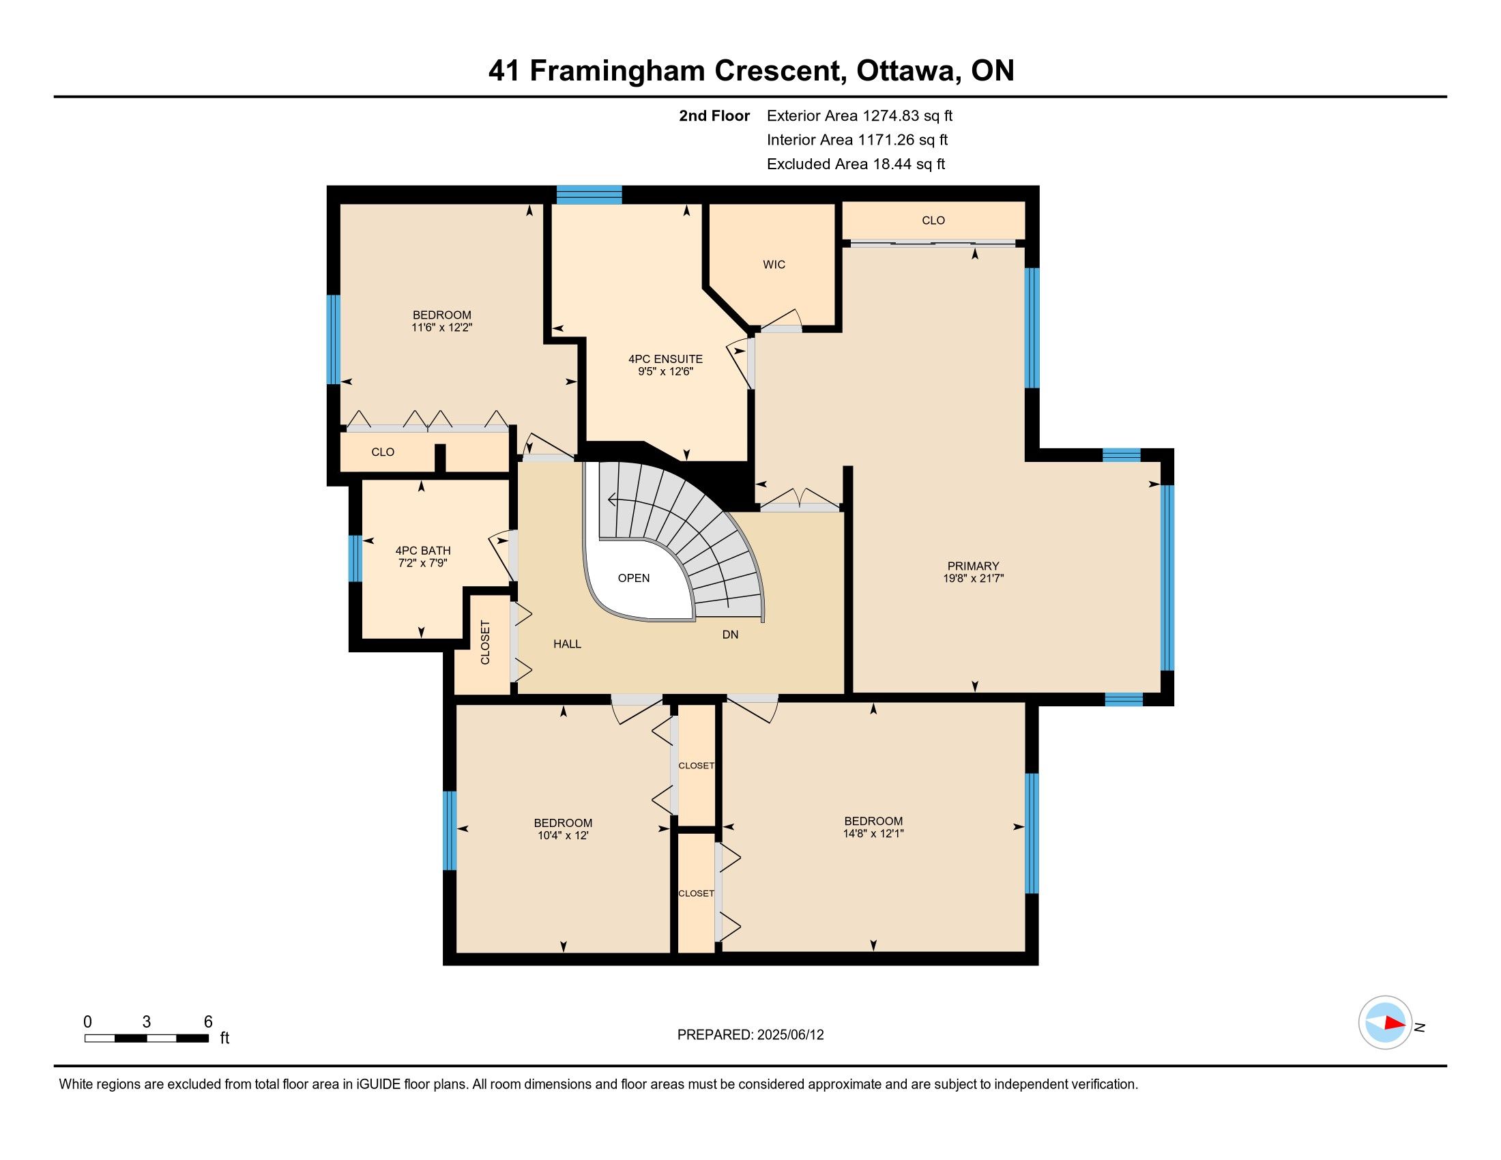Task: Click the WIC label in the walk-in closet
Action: (x=774, y=265)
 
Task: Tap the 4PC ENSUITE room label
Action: (x=665, y=359)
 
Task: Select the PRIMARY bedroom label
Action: (x=973, y=566)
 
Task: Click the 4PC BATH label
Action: (x=423, y=551)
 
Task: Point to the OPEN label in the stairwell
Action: (x=634, y=578)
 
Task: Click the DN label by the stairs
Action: (x=730, y=635)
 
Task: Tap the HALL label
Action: (x=567, y=644)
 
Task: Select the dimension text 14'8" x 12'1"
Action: (x=873, y=834)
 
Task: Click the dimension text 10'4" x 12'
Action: (x=563, y=836)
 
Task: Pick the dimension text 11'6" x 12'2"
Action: (x=442, y=328)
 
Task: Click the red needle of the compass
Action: (x=1395, y=1024)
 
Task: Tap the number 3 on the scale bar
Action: (x=147, y=1022)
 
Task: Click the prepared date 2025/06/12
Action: (x=789, y=1035)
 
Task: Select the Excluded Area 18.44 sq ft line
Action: (x=856, y=164)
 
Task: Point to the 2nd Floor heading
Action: (x=714, y=115)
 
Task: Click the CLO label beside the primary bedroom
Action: (x=933, y=220)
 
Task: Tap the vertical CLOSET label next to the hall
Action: (x=485, y=643)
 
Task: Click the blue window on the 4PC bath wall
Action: (x=355, y=558)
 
